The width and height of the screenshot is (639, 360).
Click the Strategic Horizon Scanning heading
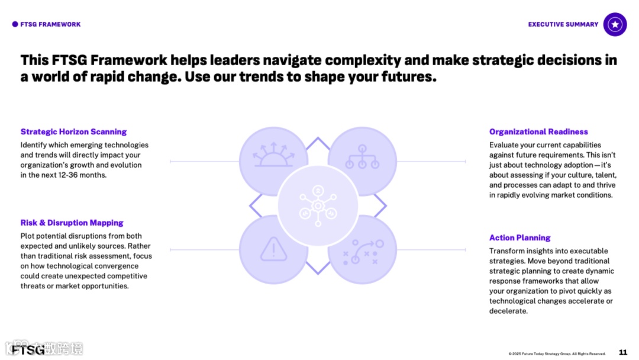point(73,132)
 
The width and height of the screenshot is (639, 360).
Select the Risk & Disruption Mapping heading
point(72,223)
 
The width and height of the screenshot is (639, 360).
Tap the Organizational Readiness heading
point(538,132)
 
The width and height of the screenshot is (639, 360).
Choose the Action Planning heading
point(519,238)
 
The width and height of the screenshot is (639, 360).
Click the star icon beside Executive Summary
point(615,24)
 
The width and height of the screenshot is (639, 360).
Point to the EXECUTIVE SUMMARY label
point(563,24)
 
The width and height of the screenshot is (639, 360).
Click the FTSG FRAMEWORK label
point(50,24)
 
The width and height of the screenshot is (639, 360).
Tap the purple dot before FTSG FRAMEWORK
point(15,24)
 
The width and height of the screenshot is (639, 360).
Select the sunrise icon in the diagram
point(273,156)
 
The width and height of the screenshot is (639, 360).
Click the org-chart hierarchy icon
point(362,157)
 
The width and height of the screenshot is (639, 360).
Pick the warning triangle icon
point(273,249)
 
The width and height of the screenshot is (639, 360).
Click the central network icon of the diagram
point(318,205)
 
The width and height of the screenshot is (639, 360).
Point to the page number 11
point(622,352)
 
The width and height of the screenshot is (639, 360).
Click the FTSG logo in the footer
point(28,350)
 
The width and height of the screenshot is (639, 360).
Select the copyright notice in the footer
point(557,354)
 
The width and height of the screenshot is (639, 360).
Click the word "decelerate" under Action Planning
point(507,311)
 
